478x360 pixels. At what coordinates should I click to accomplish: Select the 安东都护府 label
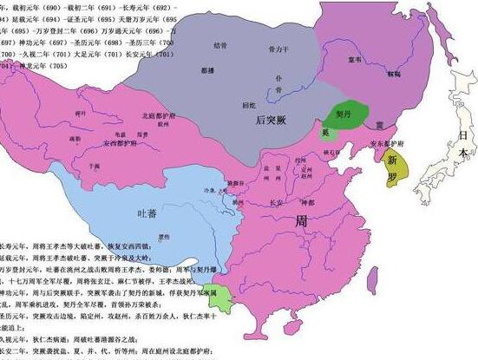point(383,144)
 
